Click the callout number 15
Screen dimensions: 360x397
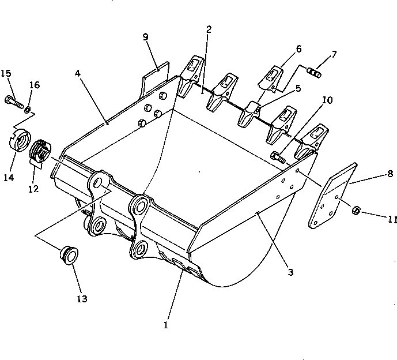[6, 73]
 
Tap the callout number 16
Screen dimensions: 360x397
[34, 85]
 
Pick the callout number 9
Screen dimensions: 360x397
[146, 37]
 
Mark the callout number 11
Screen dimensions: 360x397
[376, 220]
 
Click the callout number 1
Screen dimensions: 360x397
[165, 325]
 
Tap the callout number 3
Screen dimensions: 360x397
[290, 272]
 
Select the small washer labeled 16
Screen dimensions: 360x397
[28, 109]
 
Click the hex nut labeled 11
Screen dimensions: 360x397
[356, 211]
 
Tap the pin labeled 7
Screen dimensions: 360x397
[315, 73]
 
